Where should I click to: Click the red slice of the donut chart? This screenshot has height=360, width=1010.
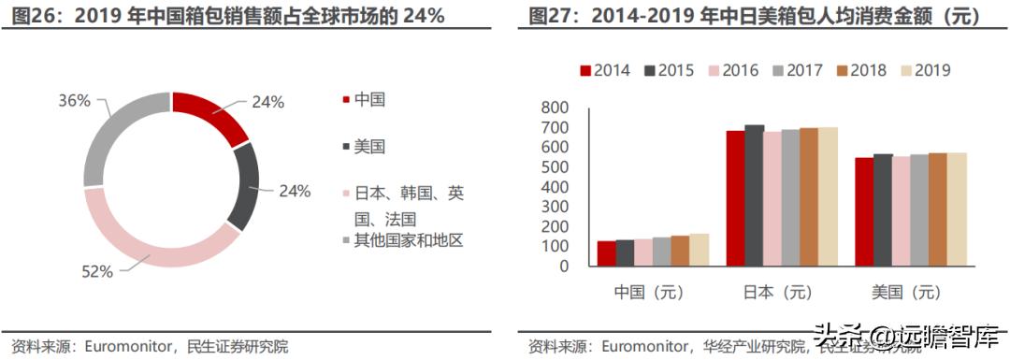210,116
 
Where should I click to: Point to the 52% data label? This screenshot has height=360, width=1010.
98,271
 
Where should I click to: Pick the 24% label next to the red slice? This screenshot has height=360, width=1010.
268,103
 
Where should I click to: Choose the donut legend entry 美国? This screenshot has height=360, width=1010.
369,146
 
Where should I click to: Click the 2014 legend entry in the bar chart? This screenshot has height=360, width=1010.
604,70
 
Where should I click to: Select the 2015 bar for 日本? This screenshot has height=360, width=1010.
754,195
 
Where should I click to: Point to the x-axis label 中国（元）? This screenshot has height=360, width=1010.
653,293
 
